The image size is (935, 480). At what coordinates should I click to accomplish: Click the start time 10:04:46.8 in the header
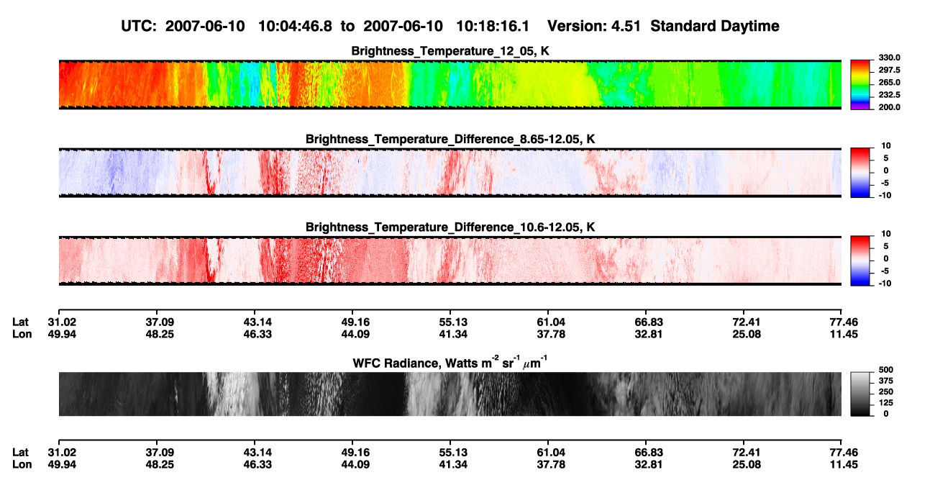(x=295, y=27)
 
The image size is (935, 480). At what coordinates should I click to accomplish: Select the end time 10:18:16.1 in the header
(x=493, y=27)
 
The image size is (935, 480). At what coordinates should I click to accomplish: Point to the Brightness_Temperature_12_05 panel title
(x=450, y=51)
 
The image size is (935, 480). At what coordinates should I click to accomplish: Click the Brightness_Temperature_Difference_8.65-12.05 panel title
(x=450, y=139)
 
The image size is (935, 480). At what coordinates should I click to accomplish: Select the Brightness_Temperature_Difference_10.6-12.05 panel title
(x=450, y=227)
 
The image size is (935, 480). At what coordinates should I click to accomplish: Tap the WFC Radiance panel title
(x=450, y=362)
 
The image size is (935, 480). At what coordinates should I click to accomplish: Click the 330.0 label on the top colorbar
(x=889, y=58)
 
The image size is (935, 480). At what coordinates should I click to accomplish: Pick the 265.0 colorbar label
(x=889, y=82)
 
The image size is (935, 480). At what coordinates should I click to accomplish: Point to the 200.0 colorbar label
(x=889, y=107)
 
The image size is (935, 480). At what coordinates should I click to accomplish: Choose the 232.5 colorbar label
(x=889, y=95)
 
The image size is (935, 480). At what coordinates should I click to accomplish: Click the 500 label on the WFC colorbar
(x=886, y=370)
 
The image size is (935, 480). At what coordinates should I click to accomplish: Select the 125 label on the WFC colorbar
(x=886, y=403)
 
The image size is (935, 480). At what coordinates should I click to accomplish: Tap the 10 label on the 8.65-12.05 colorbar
(x=886, y=146)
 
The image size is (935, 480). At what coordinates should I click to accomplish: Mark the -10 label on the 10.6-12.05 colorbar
(x=885, y=284)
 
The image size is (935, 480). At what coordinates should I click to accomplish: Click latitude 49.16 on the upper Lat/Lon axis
(x=355, y=322)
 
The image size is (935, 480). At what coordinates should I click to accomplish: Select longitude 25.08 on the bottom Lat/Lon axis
(x=747, y=465)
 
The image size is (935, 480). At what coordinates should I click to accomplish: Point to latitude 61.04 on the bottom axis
(x=551, y=453)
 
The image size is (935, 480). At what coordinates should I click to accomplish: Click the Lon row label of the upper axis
(x=22, y=334)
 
